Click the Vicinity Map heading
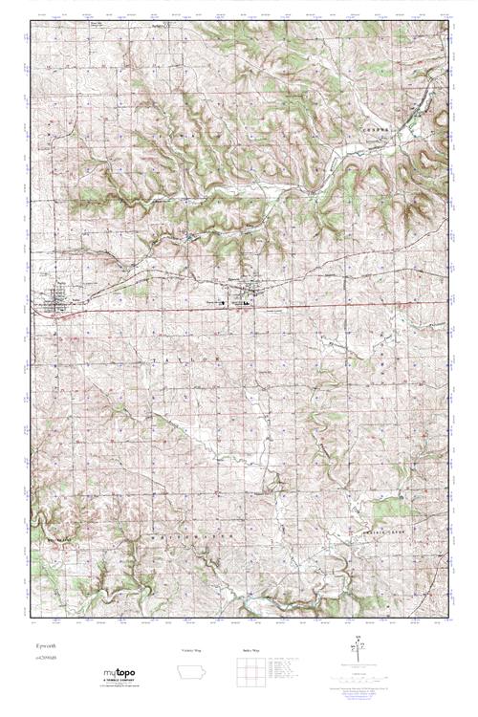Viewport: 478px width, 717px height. pos(193,650)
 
